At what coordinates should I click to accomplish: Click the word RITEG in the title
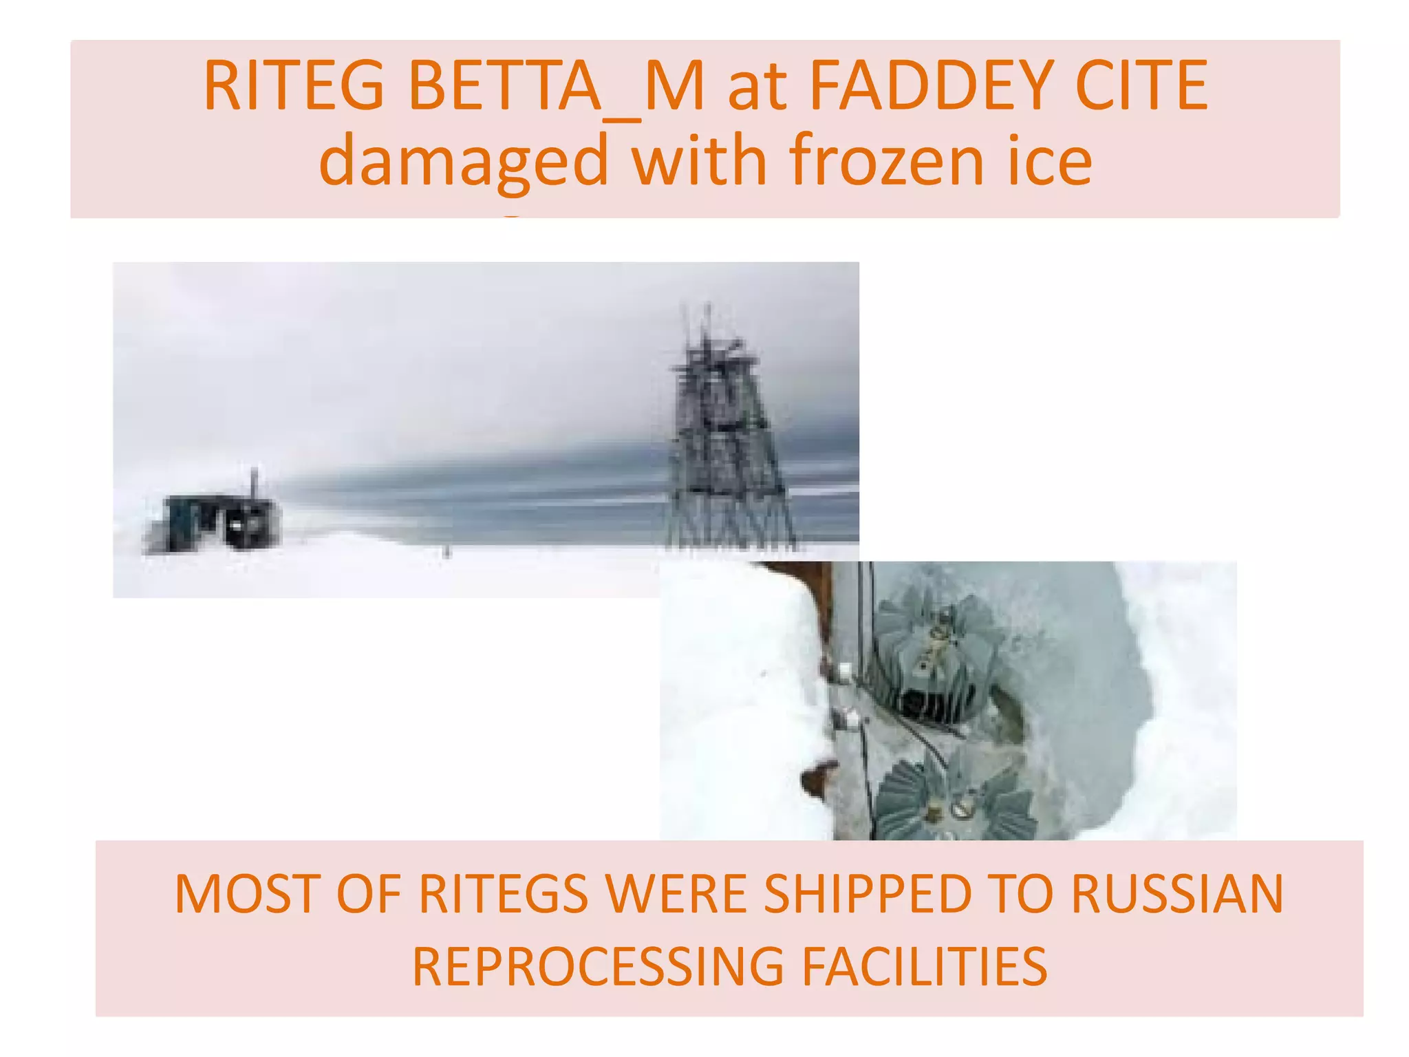click(x=293, y=86)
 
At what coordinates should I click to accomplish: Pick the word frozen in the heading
click(x=887, y=162)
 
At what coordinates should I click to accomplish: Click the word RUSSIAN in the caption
click(x=1176, y=894)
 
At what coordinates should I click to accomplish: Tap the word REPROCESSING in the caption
click(x=598, y=967)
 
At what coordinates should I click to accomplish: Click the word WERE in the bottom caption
click(x=677, y=894)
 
